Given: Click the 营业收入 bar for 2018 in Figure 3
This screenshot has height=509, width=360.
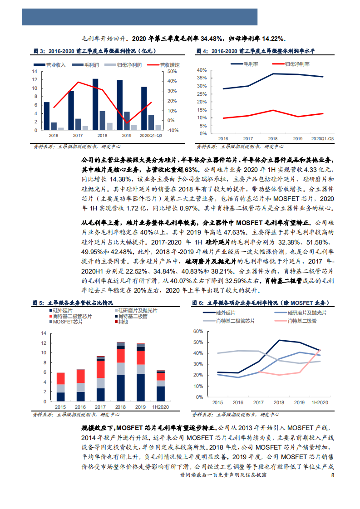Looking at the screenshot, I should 95,104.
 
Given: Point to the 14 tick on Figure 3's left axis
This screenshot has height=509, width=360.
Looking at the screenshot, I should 35,72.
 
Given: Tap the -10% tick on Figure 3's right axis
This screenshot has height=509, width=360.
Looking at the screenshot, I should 173,130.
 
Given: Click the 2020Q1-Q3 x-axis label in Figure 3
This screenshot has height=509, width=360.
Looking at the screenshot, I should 150,136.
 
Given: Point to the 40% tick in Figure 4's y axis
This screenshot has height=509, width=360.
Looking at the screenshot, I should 202,70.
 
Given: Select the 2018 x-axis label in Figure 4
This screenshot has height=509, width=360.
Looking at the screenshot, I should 273,138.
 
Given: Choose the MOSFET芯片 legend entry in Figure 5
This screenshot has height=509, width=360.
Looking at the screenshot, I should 64,322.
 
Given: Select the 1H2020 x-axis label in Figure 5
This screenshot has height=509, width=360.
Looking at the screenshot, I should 161,407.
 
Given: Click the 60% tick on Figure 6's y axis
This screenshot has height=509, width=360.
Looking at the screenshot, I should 198,331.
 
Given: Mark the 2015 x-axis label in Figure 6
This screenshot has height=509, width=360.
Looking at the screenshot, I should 217,402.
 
